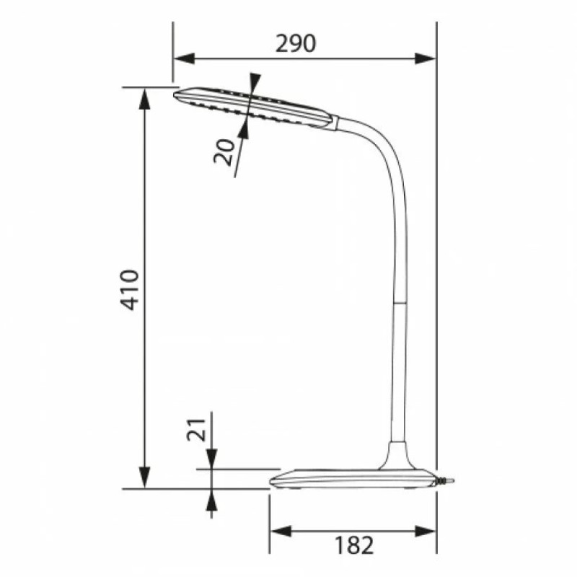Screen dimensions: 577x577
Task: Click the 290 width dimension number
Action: tap(296, 44)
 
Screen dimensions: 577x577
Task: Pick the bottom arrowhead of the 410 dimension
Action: tap(144, 479)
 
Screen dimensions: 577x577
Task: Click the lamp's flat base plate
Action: tap(346, 480)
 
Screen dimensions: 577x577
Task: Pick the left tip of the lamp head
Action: tap(177, 93)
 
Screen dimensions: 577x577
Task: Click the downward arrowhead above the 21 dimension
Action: tap(211, 459)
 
